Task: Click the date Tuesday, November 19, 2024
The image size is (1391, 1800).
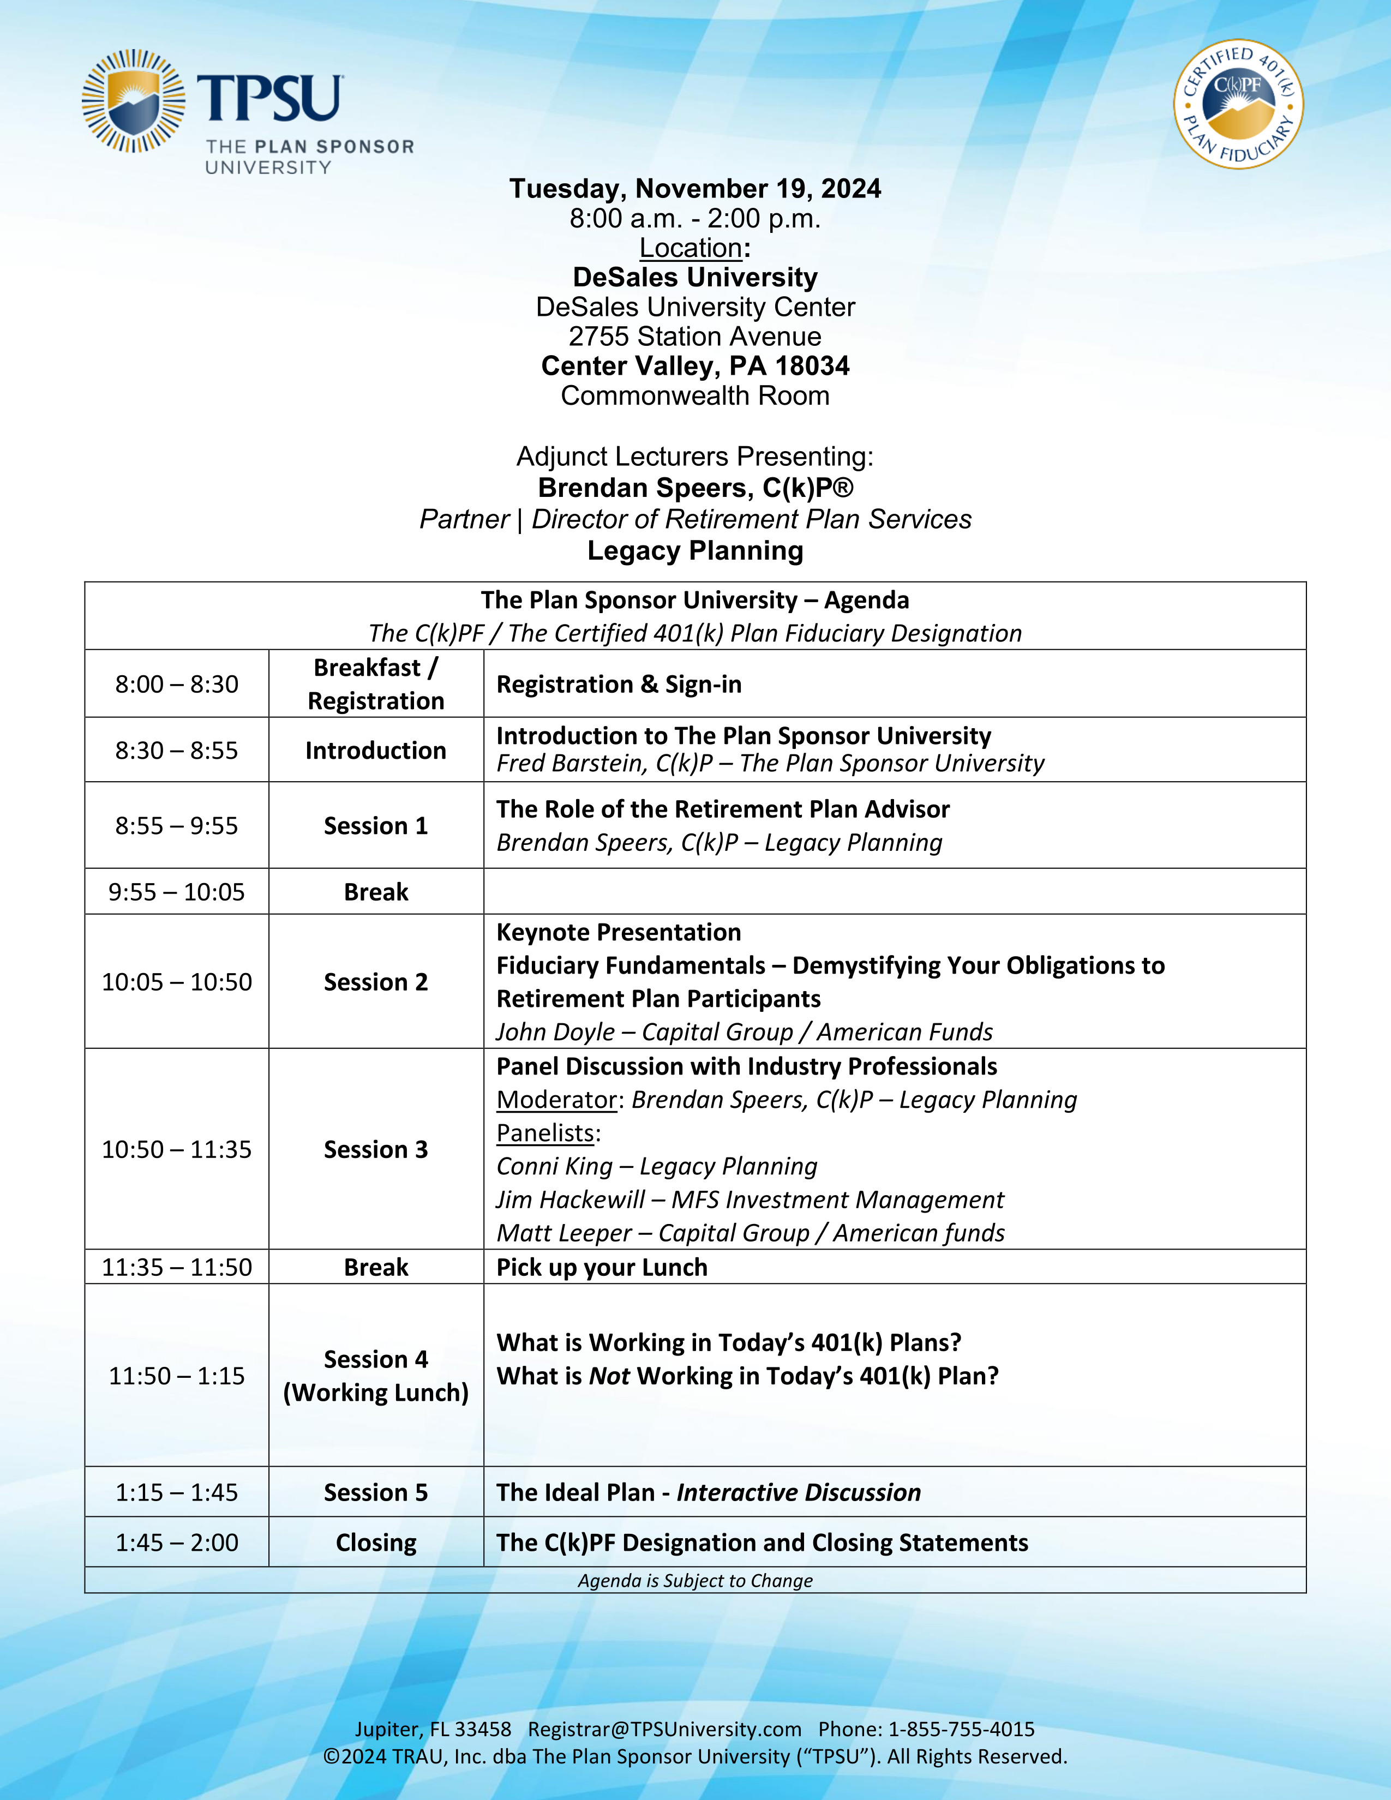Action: click(694, 189)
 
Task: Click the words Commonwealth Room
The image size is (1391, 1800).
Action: click(694, 395)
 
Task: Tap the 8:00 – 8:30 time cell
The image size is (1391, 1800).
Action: click(176, 684)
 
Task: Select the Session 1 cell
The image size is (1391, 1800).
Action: click(376, 826)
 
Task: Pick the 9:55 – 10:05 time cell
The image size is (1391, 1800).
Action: click(176, 892)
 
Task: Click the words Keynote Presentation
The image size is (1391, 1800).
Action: click(618, 932)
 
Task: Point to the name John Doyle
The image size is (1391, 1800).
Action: click(555, 1032)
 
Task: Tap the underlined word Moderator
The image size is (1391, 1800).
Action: click(556, 1100)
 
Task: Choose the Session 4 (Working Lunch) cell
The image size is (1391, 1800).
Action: click(376, 1376)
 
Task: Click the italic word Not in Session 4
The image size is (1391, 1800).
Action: click(609, 1376)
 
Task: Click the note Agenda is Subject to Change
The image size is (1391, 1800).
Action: click(694, 1580)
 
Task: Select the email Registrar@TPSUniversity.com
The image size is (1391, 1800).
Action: click(664, 1729)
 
